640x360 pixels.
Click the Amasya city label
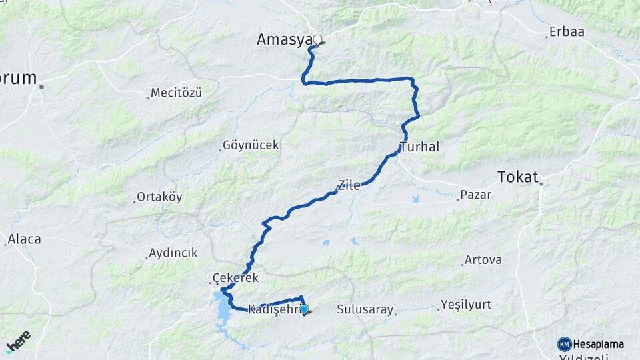click(x=285, y=40)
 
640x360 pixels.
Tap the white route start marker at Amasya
click(x=317, y=39)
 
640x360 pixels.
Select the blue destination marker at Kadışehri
click(x=305, y=309)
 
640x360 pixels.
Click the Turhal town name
click(x=420, y=147)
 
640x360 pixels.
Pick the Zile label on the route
click(x=349, y=185)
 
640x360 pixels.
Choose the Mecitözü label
click(x=176, y=93)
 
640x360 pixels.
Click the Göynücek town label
click(x=251, y=145)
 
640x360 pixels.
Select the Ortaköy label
click(x=159, y=197)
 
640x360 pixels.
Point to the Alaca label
click(x=24, y=239)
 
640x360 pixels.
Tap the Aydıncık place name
click(x=173, y=253)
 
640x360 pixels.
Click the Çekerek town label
click(x=234, y=277)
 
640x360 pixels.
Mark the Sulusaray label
click(x=365, y=309)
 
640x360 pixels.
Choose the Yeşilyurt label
click(x=465, y=305)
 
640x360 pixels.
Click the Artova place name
click(x=483, y=259)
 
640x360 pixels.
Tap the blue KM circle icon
click(x=564, y=344)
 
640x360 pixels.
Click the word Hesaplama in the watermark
click(x=599, y=344)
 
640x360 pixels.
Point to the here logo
click(x=18, y=341)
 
